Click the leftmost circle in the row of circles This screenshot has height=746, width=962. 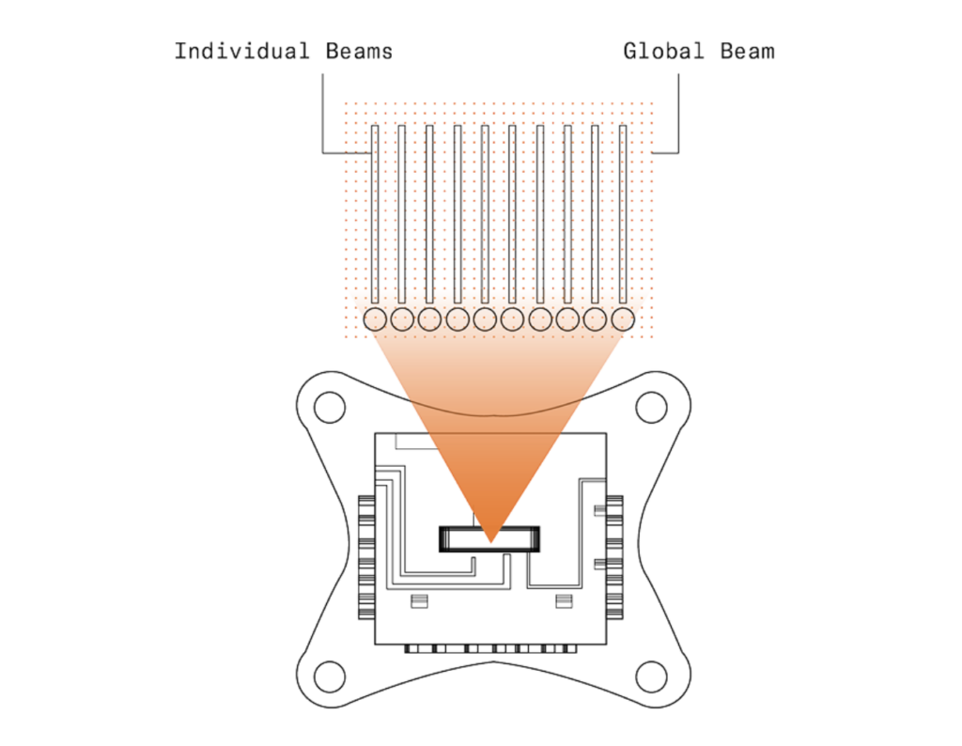(375, 319)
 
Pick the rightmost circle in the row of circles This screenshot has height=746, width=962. (623, 319)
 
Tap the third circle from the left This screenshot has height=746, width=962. (429, 319)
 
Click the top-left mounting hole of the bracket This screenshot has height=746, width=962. (328, 407)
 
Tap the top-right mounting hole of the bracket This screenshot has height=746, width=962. (650, 407)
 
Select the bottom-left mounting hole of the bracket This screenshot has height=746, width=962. (328, 675)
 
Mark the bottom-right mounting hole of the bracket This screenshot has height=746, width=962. (650, 675)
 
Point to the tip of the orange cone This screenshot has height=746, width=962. (490, 542)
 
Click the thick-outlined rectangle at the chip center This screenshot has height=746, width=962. (490, 538)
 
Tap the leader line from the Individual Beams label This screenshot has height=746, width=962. (323, 113)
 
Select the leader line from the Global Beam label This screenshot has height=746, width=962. (676, 113)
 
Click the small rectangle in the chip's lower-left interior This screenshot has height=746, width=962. (420, 600)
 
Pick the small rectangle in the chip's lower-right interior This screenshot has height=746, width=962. (563, 600)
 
